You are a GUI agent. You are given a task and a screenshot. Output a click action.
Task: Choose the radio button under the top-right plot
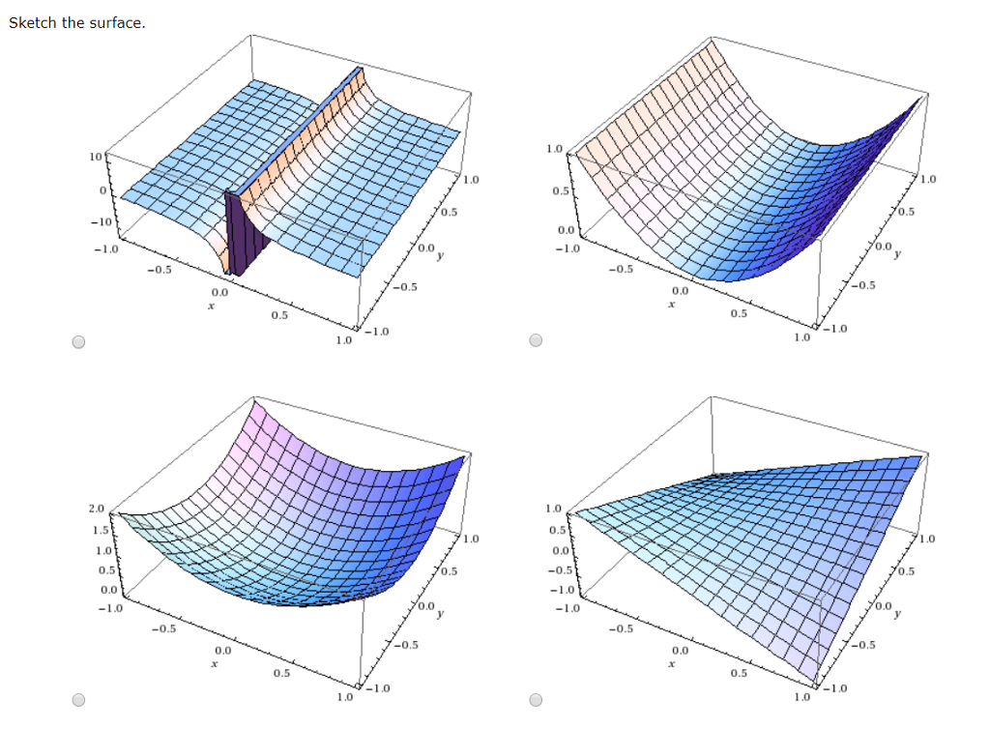click(537, 341)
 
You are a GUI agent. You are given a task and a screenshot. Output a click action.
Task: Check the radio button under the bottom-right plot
click(537, 700)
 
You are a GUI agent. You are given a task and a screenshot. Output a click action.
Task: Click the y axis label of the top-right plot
click(896, 255)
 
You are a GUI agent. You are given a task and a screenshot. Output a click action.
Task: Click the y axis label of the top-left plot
click(441, 255)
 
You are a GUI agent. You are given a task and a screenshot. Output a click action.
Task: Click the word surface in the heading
click(116, 22)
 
